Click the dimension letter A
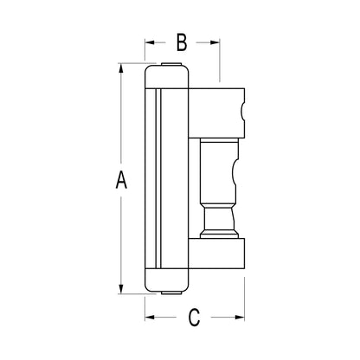pos(121,180)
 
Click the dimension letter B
pos(182,42)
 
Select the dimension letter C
pos(194,318)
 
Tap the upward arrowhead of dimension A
pos(121,68)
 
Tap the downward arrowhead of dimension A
pos(121,289)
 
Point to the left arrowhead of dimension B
pos(150,42)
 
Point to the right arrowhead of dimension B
pos(215,42)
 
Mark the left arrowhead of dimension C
pos(150,318)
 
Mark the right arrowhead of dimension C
pos(240,318)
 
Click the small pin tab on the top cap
pos(171,64)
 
